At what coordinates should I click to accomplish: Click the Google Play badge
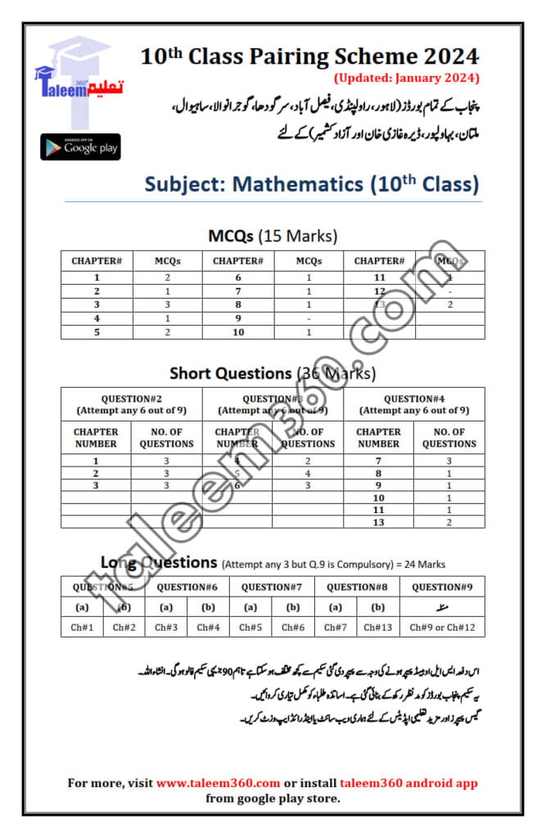80,147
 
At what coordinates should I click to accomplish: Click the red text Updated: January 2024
405,79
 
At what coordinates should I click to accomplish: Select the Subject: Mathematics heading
312,183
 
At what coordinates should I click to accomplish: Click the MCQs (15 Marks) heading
273,237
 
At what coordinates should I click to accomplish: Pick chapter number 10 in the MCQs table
238,332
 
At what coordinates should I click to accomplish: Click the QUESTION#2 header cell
132,404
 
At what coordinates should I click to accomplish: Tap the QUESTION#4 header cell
414,404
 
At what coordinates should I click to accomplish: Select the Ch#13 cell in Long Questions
377,627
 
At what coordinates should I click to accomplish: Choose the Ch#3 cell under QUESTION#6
166,627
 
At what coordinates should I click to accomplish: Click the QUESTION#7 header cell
272,587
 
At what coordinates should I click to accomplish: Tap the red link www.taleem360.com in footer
219,783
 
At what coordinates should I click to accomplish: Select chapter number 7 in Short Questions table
379,462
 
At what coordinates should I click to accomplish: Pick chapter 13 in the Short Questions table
379,521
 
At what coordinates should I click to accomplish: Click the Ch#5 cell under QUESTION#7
250,627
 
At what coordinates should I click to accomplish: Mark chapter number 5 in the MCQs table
97,332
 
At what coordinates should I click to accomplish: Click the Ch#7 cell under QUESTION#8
335,627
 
